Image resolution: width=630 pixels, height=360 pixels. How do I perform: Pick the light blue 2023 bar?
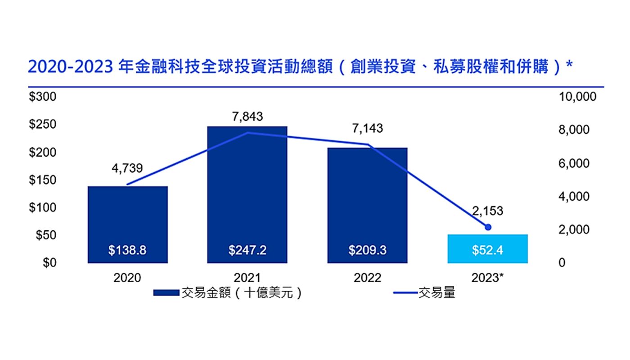[x=487, y=248]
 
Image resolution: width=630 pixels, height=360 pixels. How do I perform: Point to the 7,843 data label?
[x=247, y=117]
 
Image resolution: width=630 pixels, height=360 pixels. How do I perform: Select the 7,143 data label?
[x=367, y=129]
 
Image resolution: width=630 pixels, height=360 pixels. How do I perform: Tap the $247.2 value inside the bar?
[x=247, y=251]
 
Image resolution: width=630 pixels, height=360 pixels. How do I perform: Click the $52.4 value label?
[x=487, y=251]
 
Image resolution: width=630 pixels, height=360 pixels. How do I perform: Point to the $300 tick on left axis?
[x=43, y=97]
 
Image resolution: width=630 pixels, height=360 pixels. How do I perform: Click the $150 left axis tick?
[x=43, y=180]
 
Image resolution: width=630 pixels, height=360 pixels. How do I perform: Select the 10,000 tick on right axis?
[x=577, y=97]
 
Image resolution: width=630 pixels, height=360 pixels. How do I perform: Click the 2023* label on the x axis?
[x=487, y=278]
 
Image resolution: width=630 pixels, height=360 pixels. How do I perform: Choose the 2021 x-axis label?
[x=247, y=278]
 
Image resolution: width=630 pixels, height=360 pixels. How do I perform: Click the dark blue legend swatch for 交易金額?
[x=166, y=293]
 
